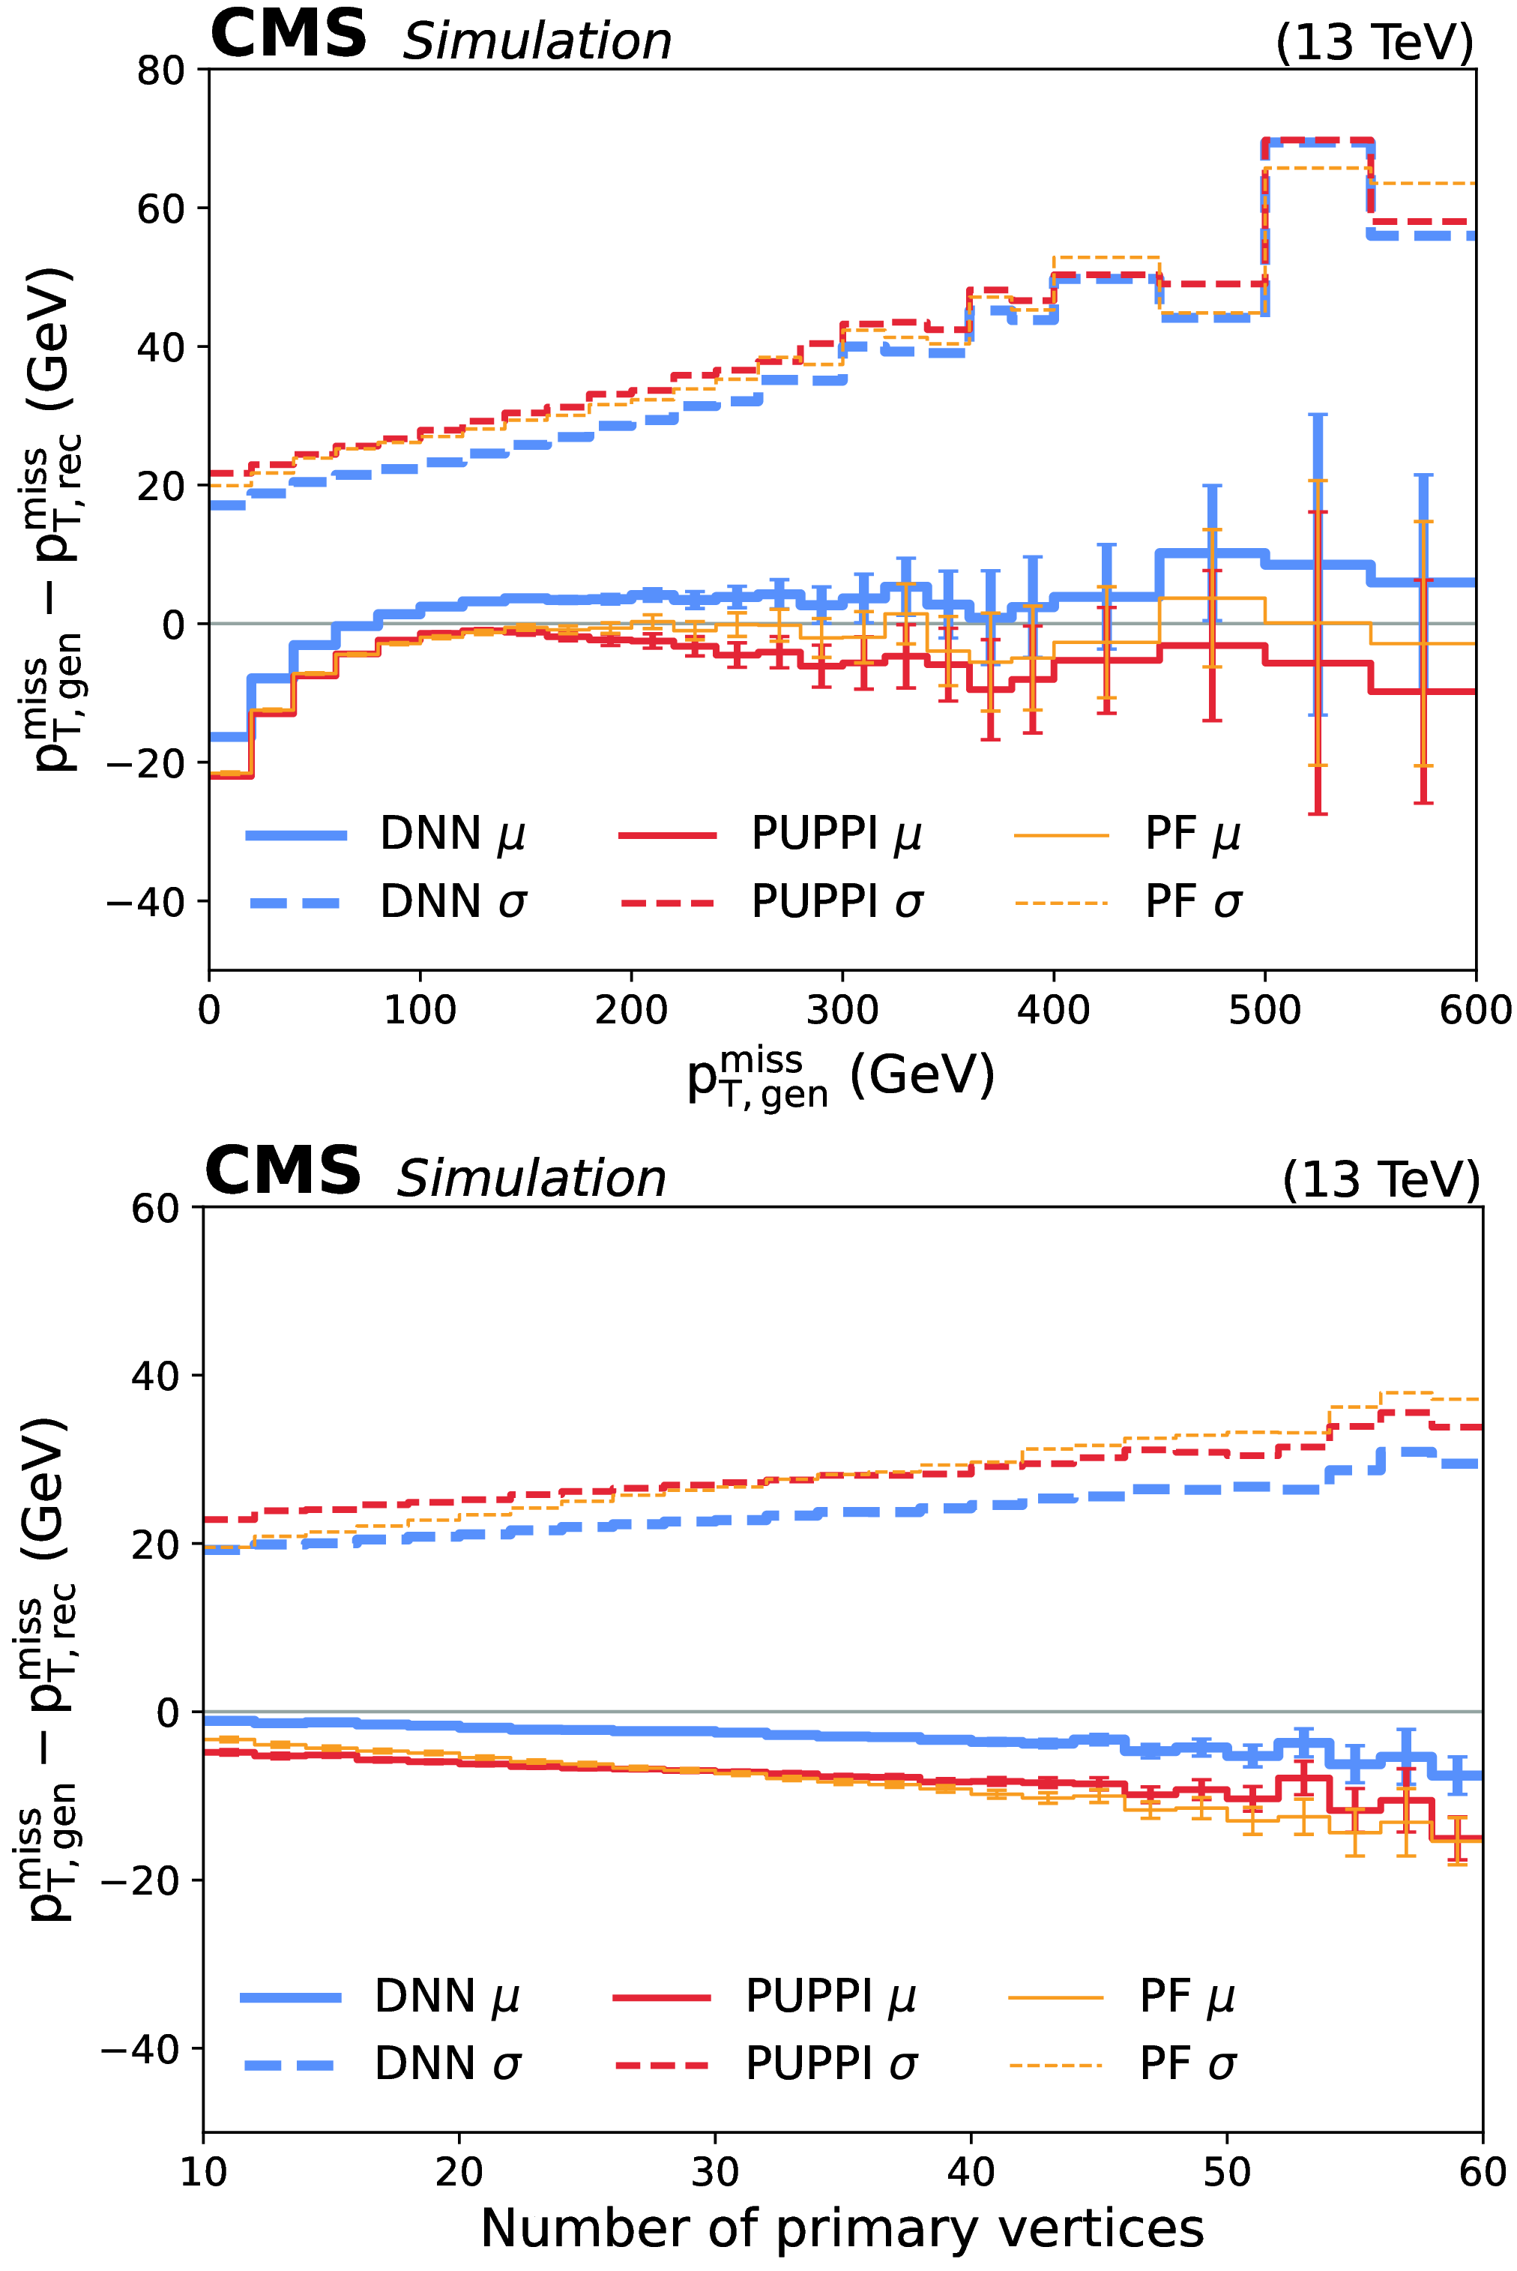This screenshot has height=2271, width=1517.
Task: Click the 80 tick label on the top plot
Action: coord(160,70)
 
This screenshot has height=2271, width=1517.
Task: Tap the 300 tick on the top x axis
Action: coord(842,1010)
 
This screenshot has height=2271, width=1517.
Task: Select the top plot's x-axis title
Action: coord(839,1076)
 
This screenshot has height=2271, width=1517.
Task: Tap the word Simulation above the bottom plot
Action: coord(531,1179)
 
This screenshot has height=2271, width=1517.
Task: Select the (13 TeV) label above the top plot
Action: coord(1375,43)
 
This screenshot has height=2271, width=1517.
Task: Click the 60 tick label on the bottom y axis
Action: coord(156,1209)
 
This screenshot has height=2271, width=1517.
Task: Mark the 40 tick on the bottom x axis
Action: coord(971,2171)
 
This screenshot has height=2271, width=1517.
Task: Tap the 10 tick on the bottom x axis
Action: coord(203,2171)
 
